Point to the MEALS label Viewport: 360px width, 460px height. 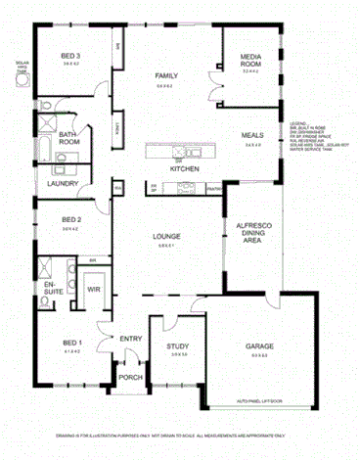pos(252,136)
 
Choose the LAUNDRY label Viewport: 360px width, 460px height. pos(62,183)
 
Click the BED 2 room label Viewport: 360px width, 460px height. pos(69,219)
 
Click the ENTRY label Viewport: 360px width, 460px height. pos(131,340)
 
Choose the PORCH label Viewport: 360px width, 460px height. pos(129,377)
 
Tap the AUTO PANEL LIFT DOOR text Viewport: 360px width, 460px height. pos(258,401)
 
